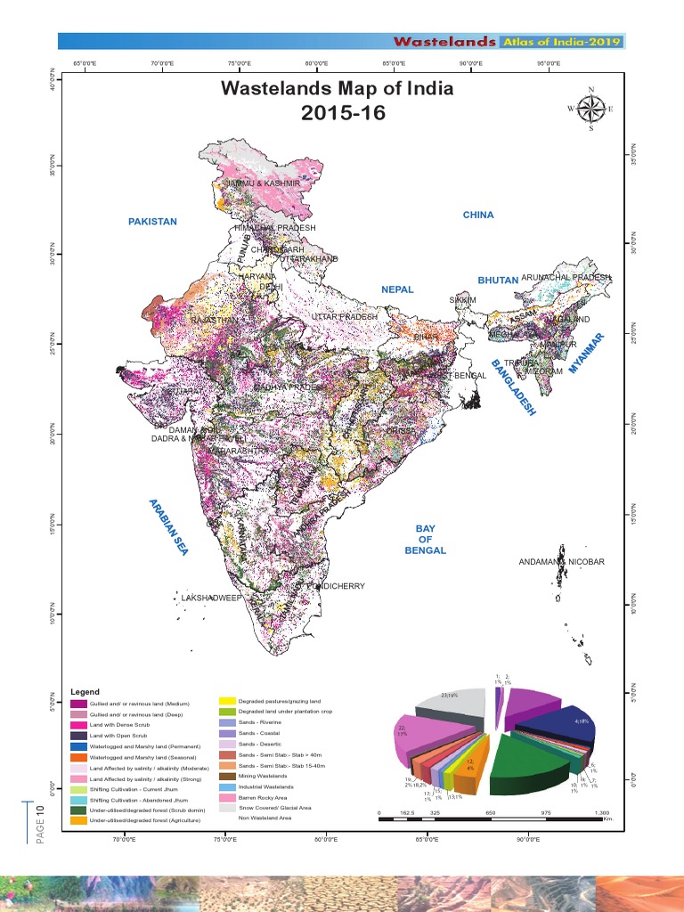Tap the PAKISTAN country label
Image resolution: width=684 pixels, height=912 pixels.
152,222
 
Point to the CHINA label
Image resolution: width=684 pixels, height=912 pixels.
477,215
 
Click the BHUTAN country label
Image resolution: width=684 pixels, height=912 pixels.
498,281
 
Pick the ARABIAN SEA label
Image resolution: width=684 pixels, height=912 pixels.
168,527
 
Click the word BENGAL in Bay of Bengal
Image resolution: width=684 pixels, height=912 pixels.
425,551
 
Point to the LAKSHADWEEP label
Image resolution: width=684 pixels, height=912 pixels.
211,598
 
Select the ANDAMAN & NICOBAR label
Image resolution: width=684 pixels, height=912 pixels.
561,562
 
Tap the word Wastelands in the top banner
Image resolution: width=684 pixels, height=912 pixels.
444,42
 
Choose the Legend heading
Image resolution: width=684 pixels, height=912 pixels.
85,692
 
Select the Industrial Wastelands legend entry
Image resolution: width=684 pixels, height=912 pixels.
271,787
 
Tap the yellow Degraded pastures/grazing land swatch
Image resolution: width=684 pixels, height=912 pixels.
227,702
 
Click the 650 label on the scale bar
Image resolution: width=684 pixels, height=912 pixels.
490,813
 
